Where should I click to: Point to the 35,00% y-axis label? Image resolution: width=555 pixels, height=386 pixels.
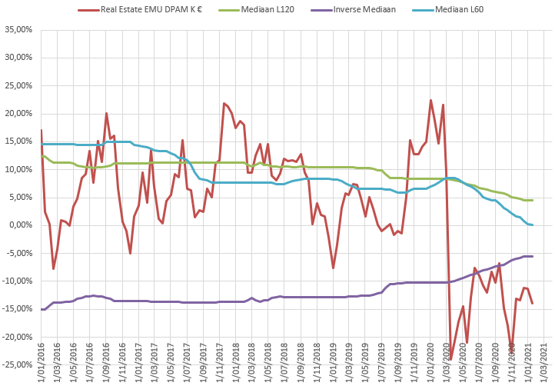coord(18,29)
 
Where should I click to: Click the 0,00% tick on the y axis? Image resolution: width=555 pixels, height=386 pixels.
coord(20,225)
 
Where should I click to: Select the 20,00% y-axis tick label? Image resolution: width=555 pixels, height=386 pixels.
coord(18,113)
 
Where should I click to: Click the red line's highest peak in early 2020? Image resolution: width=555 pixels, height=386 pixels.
coord(430,100)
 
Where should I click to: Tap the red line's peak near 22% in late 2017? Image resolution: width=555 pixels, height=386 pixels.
coord(224,103)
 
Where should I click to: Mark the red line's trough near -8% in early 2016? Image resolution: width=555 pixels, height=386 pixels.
coord(53,268)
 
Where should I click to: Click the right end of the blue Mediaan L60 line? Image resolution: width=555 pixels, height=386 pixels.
coord(532,225)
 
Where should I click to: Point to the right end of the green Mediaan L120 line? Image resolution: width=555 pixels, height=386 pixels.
coord(532,200)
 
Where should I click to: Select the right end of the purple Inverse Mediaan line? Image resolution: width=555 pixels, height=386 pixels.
coord(532,256)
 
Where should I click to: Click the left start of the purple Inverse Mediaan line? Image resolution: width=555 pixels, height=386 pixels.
coord(42,309)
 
